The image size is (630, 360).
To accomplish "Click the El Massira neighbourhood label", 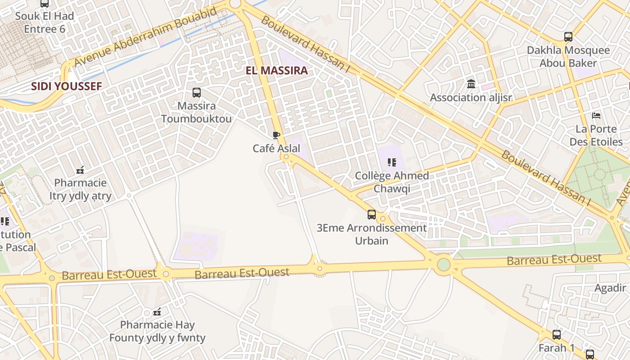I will (x=277, y=71).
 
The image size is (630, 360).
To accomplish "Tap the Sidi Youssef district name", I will (x=67, y=86).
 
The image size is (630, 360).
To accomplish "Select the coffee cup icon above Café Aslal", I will (x=276, y=135).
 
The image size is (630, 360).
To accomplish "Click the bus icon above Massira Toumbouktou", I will (x=197, y=93).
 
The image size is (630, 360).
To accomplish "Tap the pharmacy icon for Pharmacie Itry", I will (x=81, y=170).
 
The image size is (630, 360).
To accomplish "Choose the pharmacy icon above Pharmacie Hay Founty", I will (x=157, y=311).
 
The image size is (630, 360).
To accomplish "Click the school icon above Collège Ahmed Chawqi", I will (x=391, y=162).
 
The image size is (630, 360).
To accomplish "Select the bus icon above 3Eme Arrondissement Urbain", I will (x=372, y=215).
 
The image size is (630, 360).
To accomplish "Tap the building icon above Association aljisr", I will (x=471, y=84).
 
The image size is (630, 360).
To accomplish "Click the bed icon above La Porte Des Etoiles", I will (x=596, y=116).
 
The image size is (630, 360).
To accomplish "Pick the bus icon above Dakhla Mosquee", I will (x=568, y=37).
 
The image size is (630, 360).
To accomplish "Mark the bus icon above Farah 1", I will (x=557, y=334).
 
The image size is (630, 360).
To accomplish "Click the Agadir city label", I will (x=610, y=288).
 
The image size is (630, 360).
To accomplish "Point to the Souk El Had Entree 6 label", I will (x=45, y=22).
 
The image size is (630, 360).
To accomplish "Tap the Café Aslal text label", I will (x=276, y=148).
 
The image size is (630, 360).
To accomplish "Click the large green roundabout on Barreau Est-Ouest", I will (x=444, y=264).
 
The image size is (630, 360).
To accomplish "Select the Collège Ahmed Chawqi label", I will (x=391, y=182).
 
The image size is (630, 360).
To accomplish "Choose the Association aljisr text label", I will (x=471, y=98).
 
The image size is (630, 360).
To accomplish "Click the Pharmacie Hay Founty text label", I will (x=157, y=331).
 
